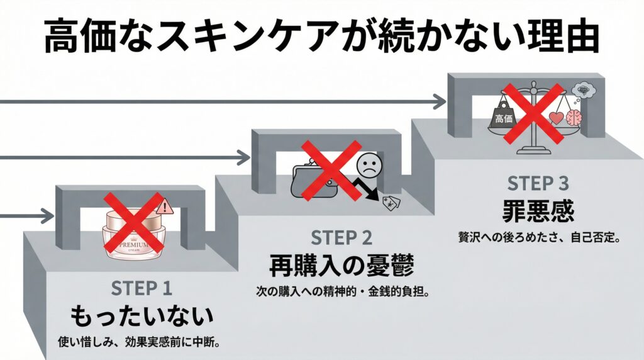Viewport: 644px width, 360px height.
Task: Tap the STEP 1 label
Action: (142, 288)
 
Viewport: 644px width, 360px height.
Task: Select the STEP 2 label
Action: (341, 238)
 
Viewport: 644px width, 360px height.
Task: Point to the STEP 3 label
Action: (538, 184)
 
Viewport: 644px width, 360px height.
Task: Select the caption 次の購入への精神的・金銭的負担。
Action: (341, 292)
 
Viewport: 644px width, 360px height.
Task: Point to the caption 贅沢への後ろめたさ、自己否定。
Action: (538, 239)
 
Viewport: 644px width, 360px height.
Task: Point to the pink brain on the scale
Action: (574, 118)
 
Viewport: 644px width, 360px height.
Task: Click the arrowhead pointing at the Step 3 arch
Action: (440, 101)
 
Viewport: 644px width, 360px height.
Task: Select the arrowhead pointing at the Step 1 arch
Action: (48, 216)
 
